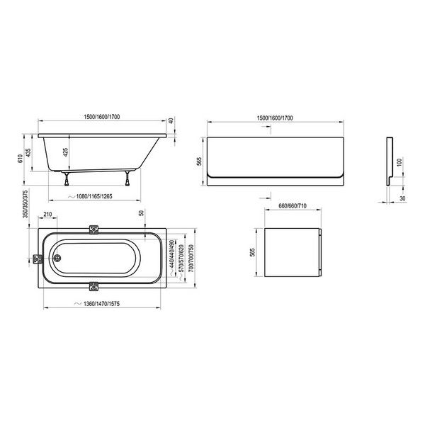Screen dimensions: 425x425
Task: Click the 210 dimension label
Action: coord(47,214)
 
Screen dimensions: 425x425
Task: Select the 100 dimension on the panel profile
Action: coord(398,162)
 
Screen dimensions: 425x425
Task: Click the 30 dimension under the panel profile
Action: coord(402,198)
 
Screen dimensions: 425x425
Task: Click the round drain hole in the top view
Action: coord(58,259)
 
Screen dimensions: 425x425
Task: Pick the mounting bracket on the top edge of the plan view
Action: coord(94,230)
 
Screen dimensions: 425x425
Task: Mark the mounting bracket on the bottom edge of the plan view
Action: coord(94,287)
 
